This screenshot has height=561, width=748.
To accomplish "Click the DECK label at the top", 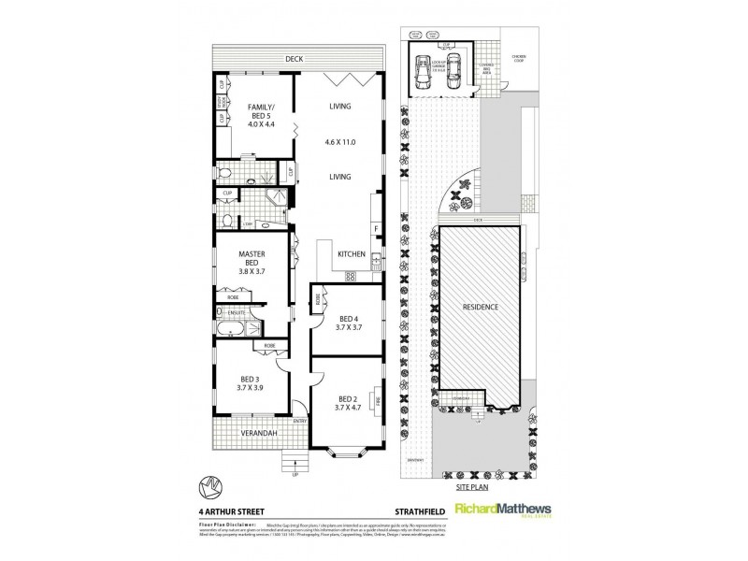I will click(295, 59).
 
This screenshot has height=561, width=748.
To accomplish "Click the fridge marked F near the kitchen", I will click(376, 227).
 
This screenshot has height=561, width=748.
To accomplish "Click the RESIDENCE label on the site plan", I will click(478, 307).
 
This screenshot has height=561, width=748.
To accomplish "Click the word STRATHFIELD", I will click(413, 510).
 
